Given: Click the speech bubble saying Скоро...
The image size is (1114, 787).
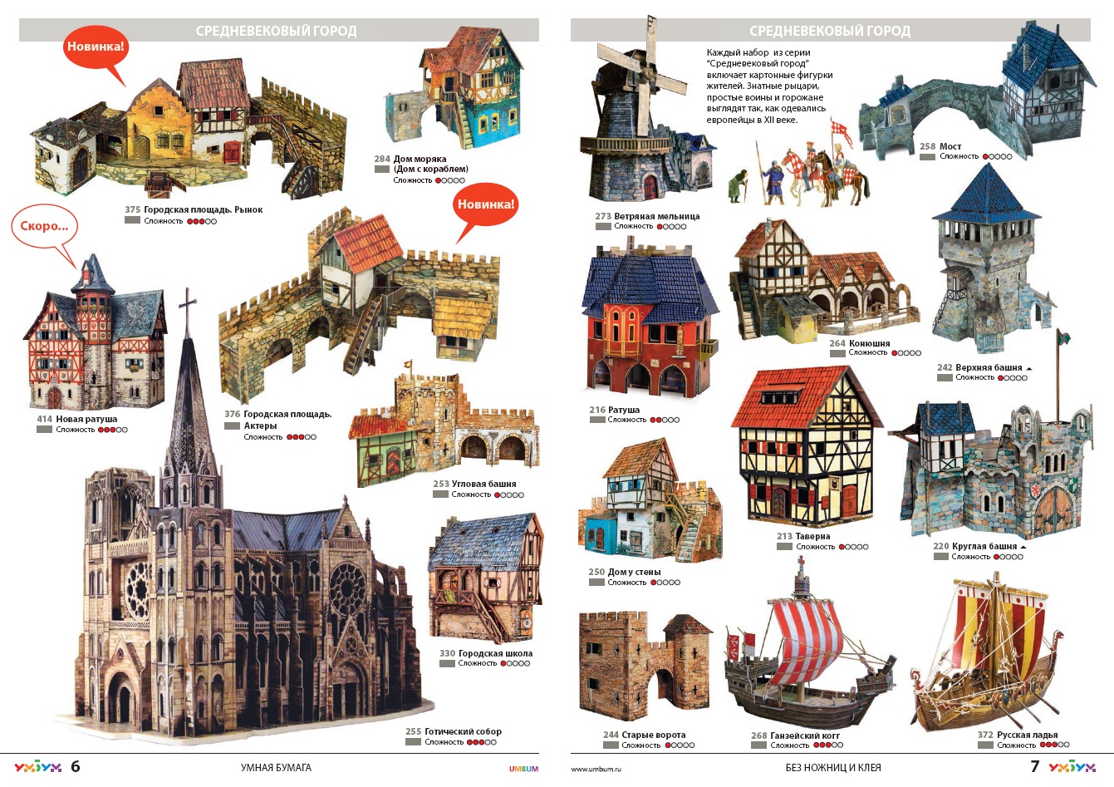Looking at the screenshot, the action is click(44, 226).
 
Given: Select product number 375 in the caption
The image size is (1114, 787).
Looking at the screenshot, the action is click(132, 209).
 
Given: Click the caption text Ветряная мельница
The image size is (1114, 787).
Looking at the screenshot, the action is click(656, 216).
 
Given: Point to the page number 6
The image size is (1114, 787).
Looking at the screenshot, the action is click(75, 766).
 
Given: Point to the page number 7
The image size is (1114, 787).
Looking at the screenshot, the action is click(1034, 766).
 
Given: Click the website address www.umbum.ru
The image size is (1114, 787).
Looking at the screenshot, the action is click(596, 769).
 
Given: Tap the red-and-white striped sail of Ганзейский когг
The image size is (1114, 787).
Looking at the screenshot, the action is click(807, 636).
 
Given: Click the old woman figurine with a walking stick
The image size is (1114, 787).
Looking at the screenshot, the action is click(738, 186).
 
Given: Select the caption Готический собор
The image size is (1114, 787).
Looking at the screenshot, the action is click(463, 731).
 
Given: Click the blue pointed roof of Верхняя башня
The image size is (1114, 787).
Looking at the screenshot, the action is click(986, 195).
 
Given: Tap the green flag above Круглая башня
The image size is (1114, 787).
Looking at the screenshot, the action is click(1063, 337).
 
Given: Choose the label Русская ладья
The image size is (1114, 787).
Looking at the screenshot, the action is click(1027, 735).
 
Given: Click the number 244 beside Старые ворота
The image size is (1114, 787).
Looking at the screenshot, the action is click(611, 735).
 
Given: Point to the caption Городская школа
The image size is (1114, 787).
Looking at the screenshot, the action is click(495, 653).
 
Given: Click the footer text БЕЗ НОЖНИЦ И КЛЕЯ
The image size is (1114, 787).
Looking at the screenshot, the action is click(833, 768).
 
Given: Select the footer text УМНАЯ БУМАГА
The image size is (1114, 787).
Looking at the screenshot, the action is click(276, 768).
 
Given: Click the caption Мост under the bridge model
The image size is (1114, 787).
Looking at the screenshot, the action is click(950, 146).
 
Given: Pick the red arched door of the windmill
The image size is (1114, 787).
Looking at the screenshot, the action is click(650, 188).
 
